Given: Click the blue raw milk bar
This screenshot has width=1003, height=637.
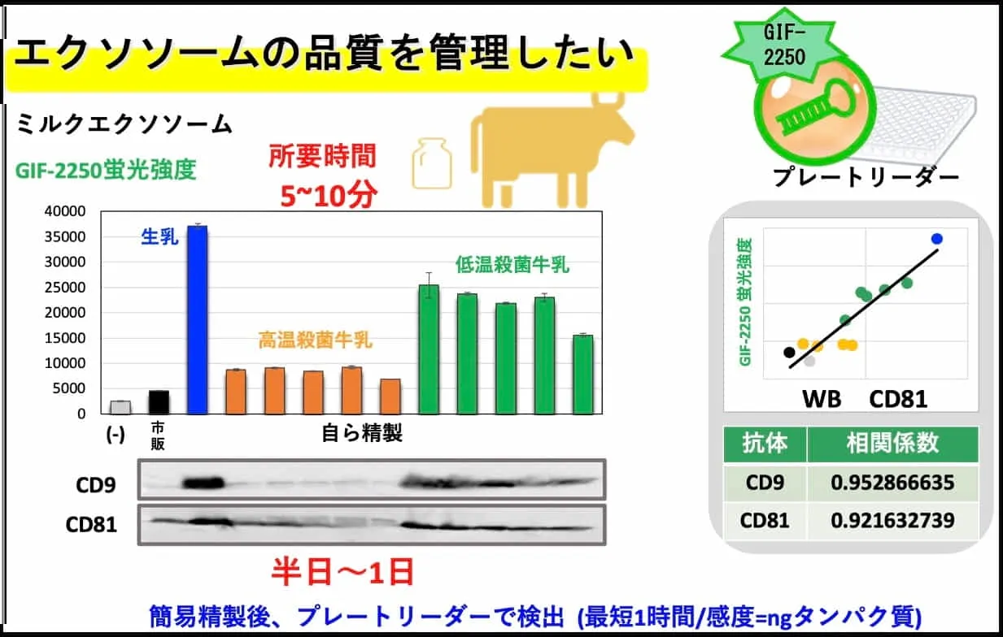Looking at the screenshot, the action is (198, 319).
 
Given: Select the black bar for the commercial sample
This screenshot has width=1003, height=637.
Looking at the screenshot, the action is (159, 402).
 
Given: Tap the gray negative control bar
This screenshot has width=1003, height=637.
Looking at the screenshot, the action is (120, 407).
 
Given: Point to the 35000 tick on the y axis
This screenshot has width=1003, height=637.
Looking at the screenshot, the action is (65, 236).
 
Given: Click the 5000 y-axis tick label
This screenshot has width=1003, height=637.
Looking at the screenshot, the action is (69, 388).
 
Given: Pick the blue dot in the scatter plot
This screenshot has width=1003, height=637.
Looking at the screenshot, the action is (937, 239).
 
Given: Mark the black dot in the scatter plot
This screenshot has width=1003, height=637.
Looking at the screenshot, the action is (789, 352).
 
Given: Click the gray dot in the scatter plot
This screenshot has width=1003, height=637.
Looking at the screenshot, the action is (809, 361).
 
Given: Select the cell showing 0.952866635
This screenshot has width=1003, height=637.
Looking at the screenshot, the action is (892, 483).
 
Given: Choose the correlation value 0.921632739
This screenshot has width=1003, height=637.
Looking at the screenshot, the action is (892, 520).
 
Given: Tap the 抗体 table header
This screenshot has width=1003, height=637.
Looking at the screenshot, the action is (765, 444).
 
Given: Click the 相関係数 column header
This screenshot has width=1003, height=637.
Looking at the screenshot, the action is (892, 444).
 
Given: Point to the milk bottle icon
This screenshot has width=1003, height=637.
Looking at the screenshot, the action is (432, 163).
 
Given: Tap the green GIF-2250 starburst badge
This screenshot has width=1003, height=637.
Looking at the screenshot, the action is (783, 45).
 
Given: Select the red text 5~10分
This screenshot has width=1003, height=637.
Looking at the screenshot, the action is (329, 196).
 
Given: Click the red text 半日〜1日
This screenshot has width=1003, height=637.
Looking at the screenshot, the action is (343, 572).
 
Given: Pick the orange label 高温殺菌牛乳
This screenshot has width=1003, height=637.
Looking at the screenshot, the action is (316, 340).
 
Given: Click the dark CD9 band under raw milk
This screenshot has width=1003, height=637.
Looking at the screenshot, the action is (203, 483).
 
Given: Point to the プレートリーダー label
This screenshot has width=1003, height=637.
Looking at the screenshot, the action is (866, 177).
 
